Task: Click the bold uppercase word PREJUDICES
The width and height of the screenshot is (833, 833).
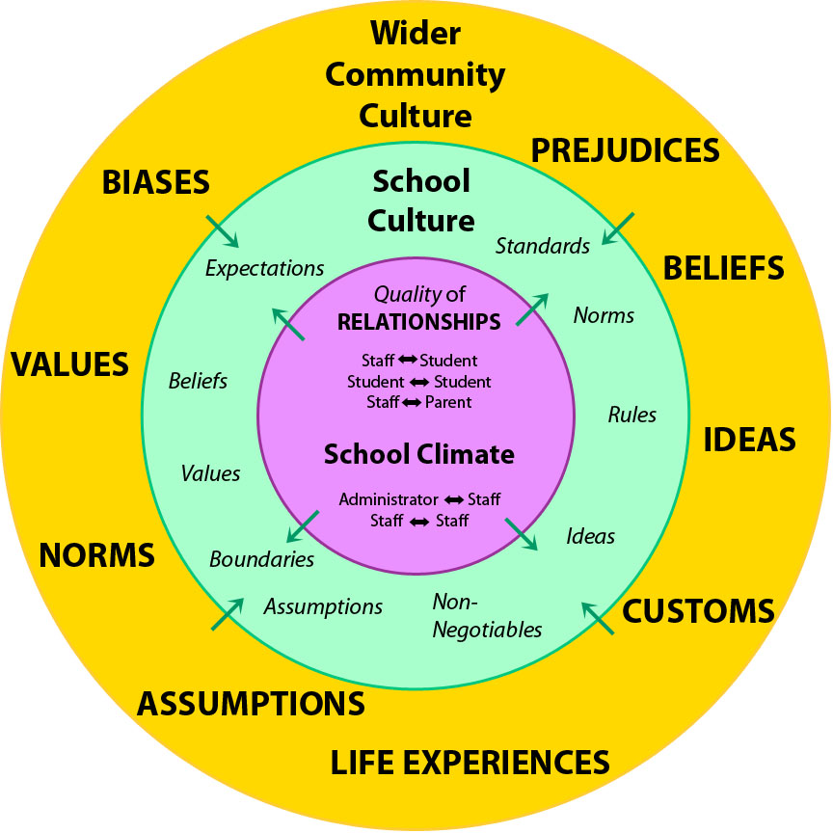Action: pos(626,151)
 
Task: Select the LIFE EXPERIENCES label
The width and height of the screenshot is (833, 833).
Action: pos(470,762)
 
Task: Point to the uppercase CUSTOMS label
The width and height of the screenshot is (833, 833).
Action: pos(698,610)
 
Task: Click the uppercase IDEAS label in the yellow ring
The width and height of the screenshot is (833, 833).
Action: pos(749,440)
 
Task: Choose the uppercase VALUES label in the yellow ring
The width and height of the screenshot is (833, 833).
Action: pos(69,364)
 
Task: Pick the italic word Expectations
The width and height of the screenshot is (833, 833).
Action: pos(265,268)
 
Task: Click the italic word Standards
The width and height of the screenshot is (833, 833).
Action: pos(542,246)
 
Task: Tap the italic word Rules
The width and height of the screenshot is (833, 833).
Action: pos(631,415)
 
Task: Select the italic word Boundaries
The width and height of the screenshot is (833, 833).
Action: pos(261,558)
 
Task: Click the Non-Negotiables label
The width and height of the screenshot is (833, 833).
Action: pos(486,616)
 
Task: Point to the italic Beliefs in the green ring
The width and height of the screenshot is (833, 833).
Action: pos(198,381)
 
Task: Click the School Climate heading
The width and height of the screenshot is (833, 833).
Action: pos(418,454)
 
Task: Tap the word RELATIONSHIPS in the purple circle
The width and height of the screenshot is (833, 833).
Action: pos(418,322)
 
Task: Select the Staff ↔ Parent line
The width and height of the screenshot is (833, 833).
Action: pos(418,402)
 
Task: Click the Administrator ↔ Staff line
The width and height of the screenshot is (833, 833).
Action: pos(418,499)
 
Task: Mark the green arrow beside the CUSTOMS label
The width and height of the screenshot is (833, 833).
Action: pos(598,617)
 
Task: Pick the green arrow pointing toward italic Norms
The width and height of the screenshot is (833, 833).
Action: pos(533,309)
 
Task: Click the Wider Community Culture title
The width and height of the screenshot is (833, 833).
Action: pos(416,75)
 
